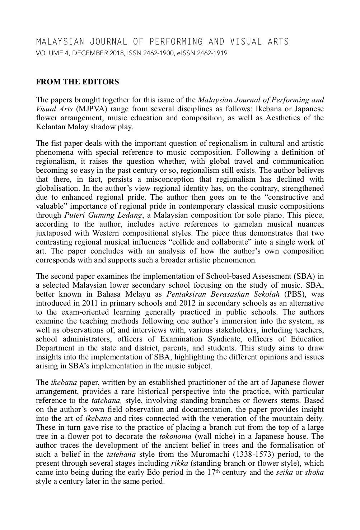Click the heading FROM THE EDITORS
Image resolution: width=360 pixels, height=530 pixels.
coord(77,82)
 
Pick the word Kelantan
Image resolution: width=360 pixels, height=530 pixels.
coord(50,127)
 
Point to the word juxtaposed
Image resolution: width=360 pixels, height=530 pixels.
coord(54,233)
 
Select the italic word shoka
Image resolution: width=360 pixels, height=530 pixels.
coord(314,472)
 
